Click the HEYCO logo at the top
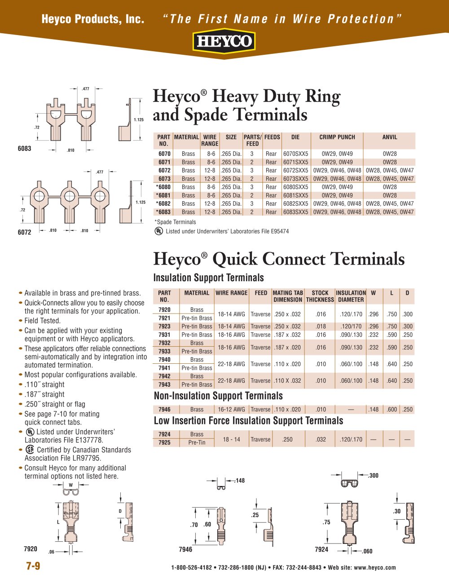point(224,42)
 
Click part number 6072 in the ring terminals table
point(164,170)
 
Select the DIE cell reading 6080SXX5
point(295,187)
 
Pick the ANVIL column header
point(389,137)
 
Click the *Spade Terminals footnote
point(175,222)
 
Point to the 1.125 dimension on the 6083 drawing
point(139,119)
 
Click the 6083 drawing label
point(25,148)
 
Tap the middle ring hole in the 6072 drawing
point(69,196)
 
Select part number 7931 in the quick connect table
point(164,335)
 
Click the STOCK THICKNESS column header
point(320,296)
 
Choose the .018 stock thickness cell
point(321,327)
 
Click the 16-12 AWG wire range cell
point(231,409)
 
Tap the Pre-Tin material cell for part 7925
point(197,442)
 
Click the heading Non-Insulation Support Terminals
point(218,396)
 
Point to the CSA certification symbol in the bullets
point(30,449)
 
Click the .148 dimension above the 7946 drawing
point(240,481)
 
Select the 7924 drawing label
point(321,549)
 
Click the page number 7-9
point(33,566)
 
